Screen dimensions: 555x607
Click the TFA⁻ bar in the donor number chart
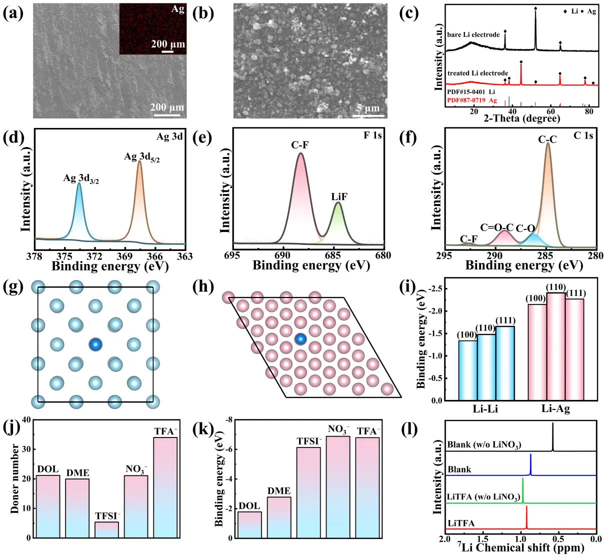165,487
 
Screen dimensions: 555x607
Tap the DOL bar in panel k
249,525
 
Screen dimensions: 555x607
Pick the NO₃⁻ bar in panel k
338,487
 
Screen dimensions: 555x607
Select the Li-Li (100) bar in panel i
467,370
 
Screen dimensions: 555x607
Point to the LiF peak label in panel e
339,197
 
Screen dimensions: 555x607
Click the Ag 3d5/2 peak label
141,157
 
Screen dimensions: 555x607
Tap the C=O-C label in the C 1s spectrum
496,227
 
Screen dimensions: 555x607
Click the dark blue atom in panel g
95,344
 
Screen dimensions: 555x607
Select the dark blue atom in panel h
300,339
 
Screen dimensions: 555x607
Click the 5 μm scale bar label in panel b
368,108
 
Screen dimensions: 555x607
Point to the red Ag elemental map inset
152,27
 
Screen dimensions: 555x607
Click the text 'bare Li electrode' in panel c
473,34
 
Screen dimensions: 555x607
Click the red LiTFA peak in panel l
526,517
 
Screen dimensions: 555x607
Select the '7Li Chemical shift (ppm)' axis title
520,547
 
